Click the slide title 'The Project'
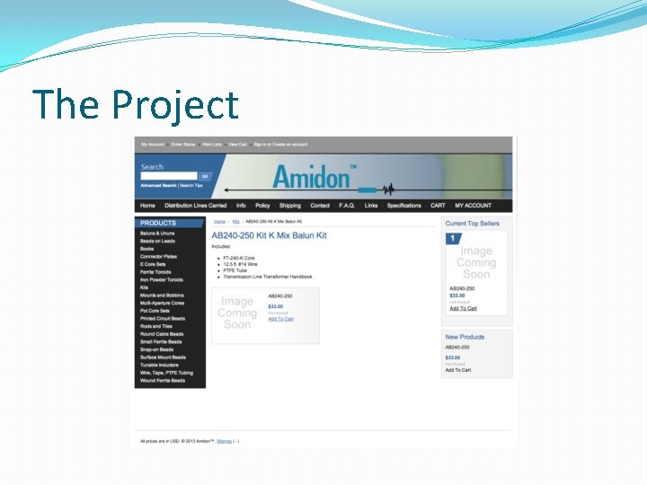click(x=136, y=105)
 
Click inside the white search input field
click(x=168, y=176)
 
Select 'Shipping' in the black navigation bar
click(x=290, y=206)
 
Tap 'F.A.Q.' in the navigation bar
click(x=347, y=206)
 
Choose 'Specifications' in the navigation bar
click(x=404, y=206)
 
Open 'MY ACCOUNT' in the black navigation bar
click(x=474, y=206)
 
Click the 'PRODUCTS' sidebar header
click(x=158, y=223)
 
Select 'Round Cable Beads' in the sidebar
click(x=162, y=334)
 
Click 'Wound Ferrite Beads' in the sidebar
click(x=163, y=381)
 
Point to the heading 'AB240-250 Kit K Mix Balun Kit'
click(x=269, y=235)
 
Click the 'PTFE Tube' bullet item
click(x=235, y=270)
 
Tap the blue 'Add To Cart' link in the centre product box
click(x=280, y=319)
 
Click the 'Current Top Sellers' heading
click(x=473, y=224)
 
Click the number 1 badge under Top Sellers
click(x=454, y=239)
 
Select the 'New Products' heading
click(x=465, y=337)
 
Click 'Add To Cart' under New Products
click(x=458, y=370)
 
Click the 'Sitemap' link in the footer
click(x=224, y=441)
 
